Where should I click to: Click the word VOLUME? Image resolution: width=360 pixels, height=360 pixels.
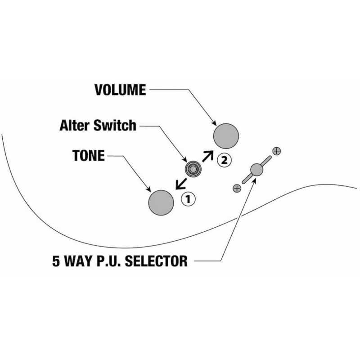[x=120, y=90]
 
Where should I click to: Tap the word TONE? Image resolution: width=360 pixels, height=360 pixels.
[x=89, y=155]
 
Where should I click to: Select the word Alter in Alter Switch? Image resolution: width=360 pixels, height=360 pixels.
[x=75, y=126]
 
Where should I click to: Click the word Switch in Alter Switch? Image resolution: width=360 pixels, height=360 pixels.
[x=115, y=126]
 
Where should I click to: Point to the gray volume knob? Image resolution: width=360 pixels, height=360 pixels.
[x=226, y=136]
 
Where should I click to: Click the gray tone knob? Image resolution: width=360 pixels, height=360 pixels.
[x=161, y=203]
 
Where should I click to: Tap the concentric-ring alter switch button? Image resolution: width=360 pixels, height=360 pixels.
[x=193, y=169]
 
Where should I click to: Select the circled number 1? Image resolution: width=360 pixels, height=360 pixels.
[x=188, y=199]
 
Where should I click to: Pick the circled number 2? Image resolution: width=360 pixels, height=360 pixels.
[x=224, y=160]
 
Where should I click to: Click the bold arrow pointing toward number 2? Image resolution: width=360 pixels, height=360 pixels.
[x=208, y=156]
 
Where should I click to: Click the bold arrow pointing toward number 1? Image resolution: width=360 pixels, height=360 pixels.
[x=181, y=184]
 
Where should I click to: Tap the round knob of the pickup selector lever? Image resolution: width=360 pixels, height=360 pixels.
[x=256, y=170]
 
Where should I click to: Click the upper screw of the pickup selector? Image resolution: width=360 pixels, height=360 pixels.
[x=276, y=151]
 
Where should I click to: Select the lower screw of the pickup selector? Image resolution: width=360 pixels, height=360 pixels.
[x=237, y=189]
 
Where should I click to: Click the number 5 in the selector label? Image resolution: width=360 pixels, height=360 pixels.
[x=56, y=261]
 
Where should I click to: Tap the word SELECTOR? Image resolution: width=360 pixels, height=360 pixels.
[x=156, y=261]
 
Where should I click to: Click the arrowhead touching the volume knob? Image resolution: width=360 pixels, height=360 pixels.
[x=214, y=123]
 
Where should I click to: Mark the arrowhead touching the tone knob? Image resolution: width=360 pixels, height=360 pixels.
[x=148, y=189]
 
